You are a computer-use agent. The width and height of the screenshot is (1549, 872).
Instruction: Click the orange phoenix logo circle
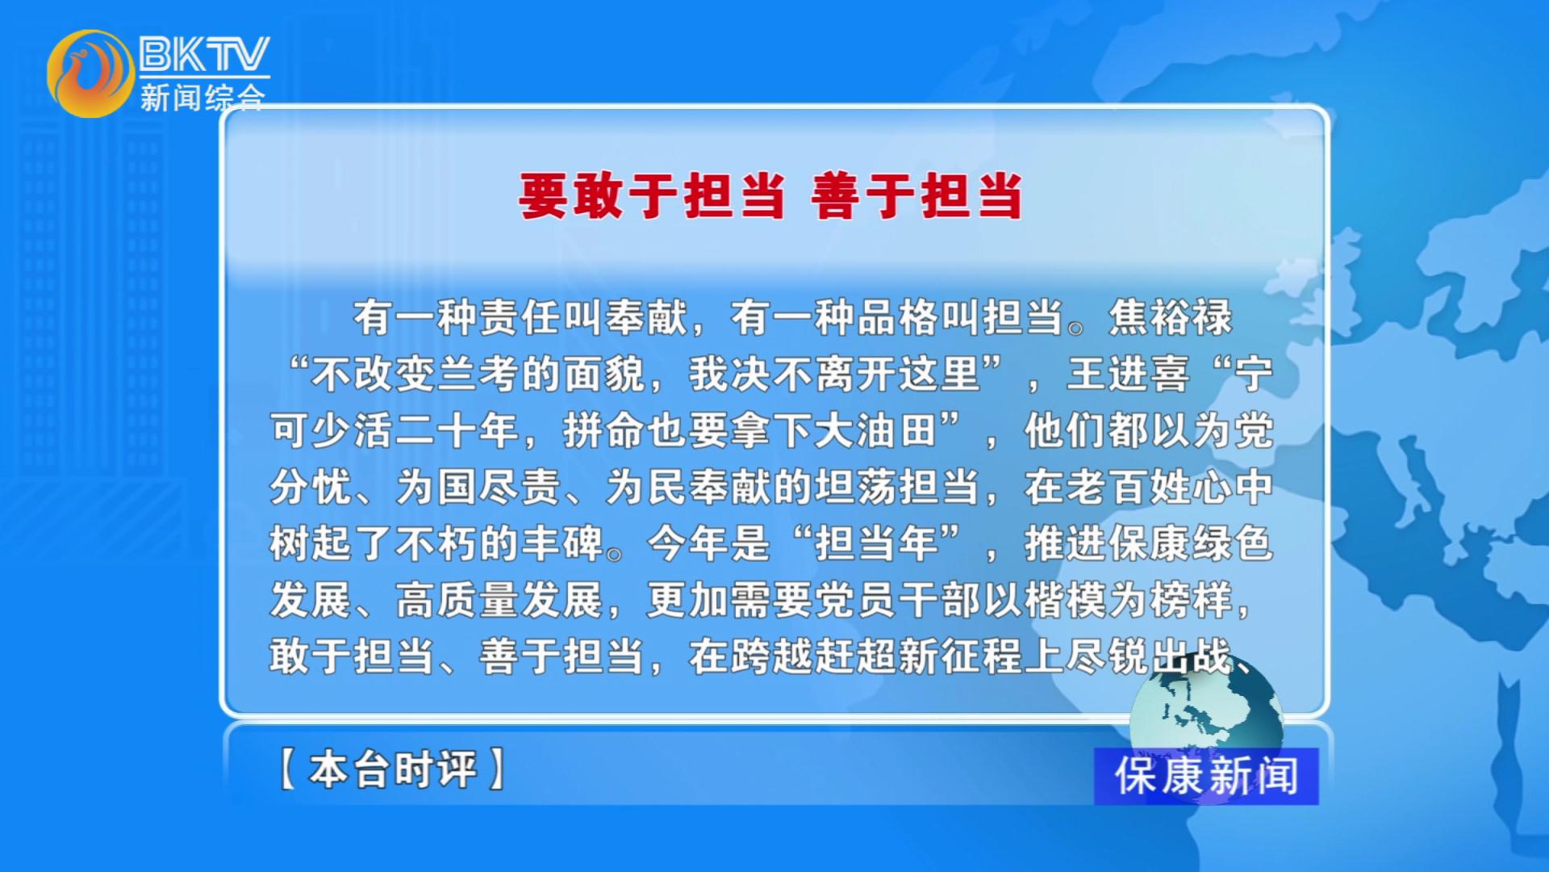click(90, 73)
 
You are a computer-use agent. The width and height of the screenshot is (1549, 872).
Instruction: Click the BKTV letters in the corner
click(204, 54)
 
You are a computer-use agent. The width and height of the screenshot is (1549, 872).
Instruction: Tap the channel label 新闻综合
click(202, 98)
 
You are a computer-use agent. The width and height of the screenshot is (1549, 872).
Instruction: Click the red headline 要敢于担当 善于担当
click(770, 196)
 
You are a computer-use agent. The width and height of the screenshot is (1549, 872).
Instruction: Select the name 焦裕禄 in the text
click(1171, 317)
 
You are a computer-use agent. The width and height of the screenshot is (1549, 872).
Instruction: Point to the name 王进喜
click(1129, 374)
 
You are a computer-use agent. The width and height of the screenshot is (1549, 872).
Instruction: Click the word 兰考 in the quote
click(479, 374)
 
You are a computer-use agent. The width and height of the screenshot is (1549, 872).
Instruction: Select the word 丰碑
click(563, 543)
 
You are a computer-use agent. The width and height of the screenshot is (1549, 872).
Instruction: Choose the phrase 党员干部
click(898, 600)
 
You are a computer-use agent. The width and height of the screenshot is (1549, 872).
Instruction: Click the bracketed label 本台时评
click(393, 769)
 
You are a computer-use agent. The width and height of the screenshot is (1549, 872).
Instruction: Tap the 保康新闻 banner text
click(1206, 776)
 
